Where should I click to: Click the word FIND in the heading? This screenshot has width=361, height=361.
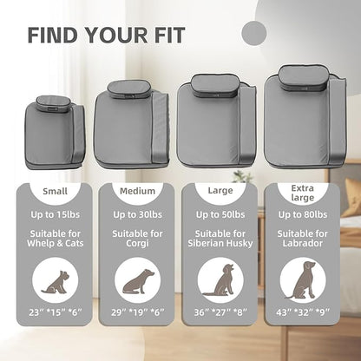pos(53,36)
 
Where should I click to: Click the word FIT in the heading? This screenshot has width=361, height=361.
pos(168,36)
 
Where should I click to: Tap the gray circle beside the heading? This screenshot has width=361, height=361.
pos(253,33)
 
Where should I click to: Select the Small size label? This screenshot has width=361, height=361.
pos(55,191)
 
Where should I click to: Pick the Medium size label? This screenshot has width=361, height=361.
pos(137,191)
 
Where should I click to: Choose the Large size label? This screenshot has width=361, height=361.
pos(220,191)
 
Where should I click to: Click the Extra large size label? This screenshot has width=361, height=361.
pos(303,193)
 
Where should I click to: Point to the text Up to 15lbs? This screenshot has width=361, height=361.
pos(56,214)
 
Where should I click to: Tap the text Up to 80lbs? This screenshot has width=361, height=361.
pos(303,214)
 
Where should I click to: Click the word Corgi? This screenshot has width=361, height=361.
pos(137,243)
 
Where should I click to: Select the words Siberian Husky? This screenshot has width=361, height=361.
pos(220,243)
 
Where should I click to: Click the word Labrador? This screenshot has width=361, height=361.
pos(303,243)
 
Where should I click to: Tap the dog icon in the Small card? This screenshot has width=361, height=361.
pos(56,282)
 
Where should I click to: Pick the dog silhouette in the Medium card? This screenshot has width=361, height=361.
pos(138,281)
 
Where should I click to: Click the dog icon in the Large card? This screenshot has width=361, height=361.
pos(220,279)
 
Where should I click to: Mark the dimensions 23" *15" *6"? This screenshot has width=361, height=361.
pos(56,312)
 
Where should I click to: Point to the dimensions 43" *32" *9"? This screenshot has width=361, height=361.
pos(303,312)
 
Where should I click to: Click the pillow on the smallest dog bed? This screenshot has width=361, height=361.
pos(54,104)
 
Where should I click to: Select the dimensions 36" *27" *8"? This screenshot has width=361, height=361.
pos(220,312)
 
